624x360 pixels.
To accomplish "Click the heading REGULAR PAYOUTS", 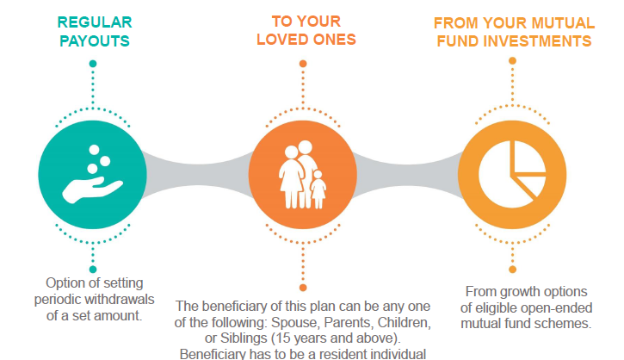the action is pos(95,32).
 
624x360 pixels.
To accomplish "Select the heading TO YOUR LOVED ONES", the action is pos(306,30).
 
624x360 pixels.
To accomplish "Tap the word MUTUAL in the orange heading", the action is pos(563,23).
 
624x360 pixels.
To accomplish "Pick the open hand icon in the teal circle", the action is pos(92,189).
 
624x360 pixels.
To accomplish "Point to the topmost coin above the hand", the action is pos(95,150).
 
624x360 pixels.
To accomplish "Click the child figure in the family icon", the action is pos(318,189).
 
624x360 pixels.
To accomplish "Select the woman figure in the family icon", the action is pos(291,177).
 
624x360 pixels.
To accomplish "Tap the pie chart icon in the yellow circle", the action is pos(512,175).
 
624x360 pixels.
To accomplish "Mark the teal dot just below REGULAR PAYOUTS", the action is pos(93,64).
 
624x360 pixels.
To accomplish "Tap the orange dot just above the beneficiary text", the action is pos(303,288).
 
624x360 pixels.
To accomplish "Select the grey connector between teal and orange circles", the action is pos(198,175).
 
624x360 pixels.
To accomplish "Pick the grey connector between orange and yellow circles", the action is pos(407,175).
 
